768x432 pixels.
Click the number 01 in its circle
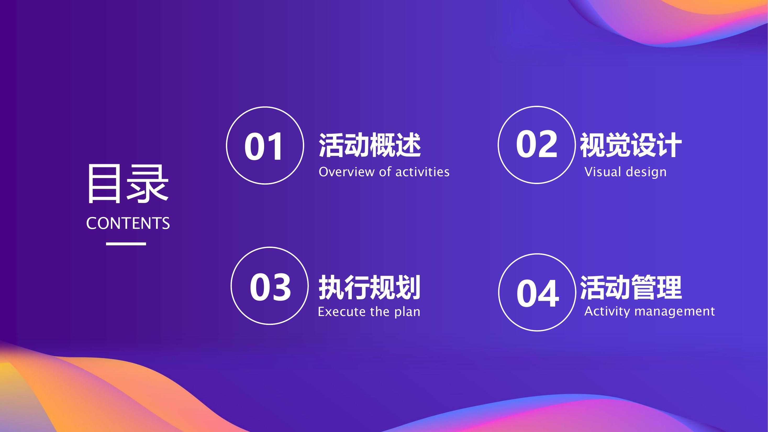pyautogui.click(x=264, y=146)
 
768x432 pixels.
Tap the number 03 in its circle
pyautogui.click(x=270, y=287)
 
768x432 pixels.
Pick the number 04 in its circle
pyautogui.click(x=538, y=293)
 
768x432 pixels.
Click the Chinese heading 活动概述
pyautogui.click(x=370, y=145)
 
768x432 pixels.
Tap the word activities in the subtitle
pyautogui.click(x=423, y=172)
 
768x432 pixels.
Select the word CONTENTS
pyautogui.click(x=128, y=223)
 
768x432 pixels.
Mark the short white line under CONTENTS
pyautogui.click(x=126, y=244)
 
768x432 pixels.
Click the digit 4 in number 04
pyautogui.click(x=549, y=293)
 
